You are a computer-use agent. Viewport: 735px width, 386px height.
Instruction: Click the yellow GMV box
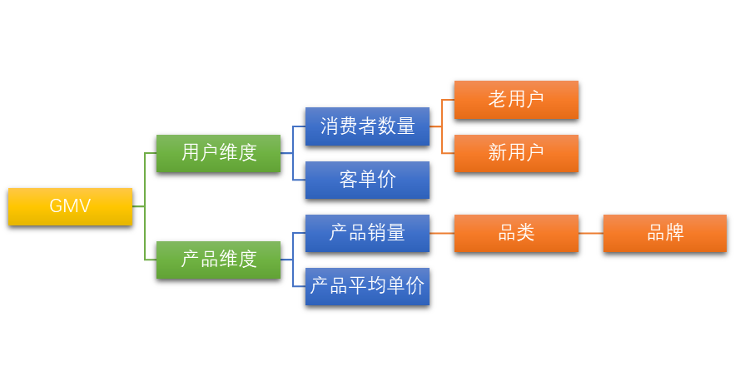pyautogui.click(x=70, y=206)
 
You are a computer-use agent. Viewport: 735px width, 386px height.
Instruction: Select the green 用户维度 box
pyautogui.click(x=218, y=153)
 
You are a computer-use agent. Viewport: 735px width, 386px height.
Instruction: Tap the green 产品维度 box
pyautogui.click(x=218, y=260)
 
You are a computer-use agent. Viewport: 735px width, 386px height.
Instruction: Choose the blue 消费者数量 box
pyautogui.click(x=367, y=126)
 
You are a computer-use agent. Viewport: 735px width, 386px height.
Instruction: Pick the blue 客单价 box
pyautogui.click(x=367, y=180)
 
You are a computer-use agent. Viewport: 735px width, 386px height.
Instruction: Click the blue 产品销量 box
pyautogui.click(x=367, y=233)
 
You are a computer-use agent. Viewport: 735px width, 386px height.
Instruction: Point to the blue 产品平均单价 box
pyautogui.click(x=367, y=286)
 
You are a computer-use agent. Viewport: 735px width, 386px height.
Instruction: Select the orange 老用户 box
pyautogui.click(x=516, y=100)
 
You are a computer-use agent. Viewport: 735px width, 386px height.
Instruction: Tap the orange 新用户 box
pyautogui.click(x=516, y=153)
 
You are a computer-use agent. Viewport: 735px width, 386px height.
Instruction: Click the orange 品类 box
pyautogui.click(x=516, y=233)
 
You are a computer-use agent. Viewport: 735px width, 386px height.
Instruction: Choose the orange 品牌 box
pyautogui.click(x=665, y=233)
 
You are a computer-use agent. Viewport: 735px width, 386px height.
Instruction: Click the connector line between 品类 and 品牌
pyautogui.click(x=591, y=233)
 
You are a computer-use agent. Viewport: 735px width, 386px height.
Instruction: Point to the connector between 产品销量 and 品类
pyautogui.click(x=442, y=233)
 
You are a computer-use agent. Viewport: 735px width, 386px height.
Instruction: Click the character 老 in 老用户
pyautogui.click(x=498, y=100)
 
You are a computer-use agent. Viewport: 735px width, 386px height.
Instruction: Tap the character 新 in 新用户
pyautogui.click(x=498, y=153)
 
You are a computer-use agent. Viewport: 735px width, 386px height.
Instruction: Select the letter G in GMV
pyautogui.click(x=56, y=206)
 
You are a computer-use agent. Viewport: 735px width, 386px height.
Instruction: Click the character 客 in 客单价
pyautogui.click(x=349, y=180)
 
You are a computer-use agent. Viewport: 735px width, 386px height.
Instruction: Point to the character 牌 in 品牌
pyautogui.click(x=674, y=233)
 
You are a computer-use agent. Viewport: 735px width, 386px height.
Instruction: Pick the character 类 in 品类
pyautogui.click(x=525, y=233)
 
